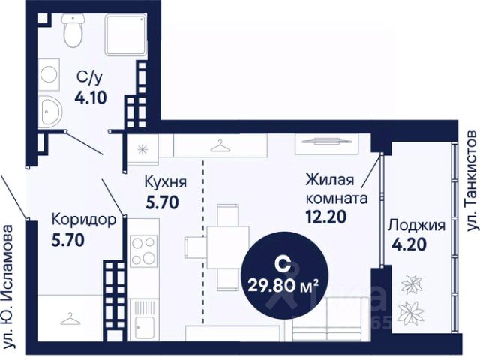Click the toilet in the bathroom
point(73,31)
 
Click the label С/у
point(88,76)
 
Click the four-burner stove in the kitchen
point(142,250)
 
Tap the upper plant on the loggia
point(411,283)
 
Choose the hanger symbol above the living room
point(219,145)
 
